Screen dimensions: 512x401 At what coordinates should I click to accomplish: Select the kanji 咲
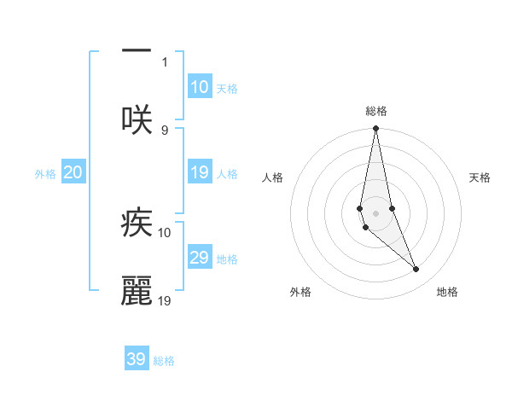pyautogui.click(x=137, y=119)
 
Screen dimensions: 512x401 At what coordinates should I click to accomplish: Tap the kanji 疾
pyautogui.click(x=137, y=224)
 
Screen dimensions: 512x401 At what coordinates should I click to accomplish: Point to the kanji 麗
pyautogui.click(x=137, y=291)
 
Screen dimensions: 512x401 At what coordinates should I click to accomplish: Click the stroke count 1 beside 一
pyautogui.click(x=165, y=61)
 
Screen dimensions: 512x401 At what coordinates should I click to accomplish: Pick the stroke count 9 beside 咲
pyautogui.click(x=165, y=130)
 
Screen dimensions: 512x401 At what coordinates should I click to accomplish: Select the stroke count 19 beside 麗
pyautogui.click(x=165, y=300)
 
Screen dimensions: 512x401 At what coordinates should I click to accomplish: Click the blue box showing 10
pyautogui.click(x=199, y=87)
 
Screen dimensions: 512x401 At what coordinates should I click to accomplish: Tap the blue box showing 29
pyautogui.click(x=199, y=258)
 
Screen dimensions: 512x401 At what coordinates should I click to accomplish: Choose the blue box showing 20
pyautogui.click(x=73, y=172)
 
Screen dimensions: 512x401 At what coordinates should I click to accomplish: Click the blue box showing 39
pyautogui.click(x=137, y=359)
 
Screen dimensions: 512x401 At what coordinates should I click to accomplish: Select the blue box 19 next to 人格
pyautogui.click(x=199, y=172)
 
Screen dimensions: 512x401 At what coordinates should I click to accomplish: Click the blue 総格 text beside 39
pyautogui.click(x=164, y=361)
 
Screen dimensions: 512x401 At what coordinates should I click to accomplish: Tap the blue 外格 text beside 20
pyautogui.click(x=45, y=174)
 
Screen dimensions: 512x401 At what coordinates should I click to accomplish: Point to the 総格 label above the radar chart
pyautogui.click(x=376, y=111)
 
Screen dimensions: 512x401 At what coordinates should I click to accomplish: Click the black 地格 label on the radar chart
pyautogui.click(x=447, y=293)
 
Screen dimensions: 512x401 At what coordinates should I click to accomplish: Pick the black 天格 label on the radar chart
pyautogui.click(x=480, y=177)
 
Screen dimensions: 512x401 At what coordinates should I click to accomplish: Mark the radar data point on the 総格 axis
pyautogui.click(x=376, y=129)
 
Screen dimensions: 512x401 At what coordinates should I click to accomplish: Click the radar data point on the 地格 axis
pyautogui.click(x=416, y=270)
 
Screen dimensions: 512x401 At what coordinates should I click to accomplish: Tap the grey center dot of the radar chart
pyautogui.click(x=376, y=212)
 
